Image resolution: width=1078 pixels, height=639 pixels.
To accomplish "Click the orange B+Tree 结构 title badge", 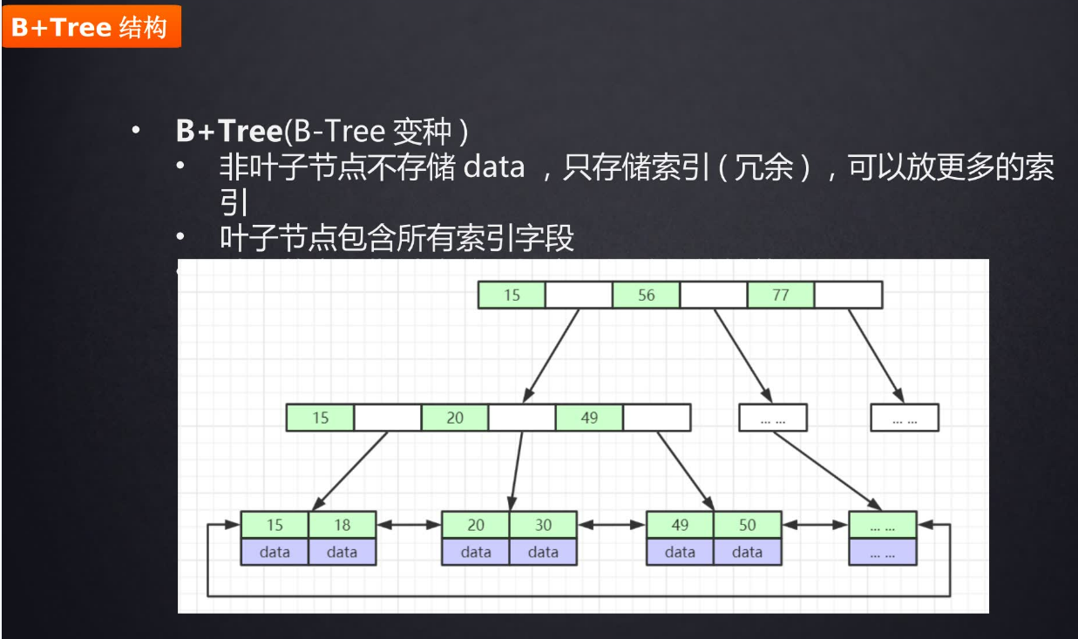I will [91, 27].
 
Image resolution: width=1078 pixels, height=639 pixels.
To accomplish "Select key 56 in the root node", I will [646, 296].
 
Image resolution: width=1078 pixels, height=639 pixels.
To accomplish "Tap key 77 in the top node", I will [780, 296].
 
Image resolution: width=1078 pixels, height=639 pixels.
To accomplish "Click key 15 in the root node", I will [512, 296].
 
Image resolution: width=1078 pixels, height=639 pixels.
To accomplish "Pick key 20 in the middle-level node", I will [455, 418].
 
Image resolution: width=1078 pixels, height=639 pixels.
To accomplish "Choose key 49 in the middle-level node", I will [589, 418].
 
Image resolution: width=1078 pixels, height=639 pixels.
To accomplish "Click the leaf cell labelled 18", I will [342, 526].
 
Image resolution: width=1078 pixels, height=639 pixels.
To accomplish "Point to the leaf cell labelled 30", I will [543, 526].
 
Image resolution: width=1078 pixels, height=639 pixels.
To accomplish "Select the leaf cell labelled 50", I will [747, 526].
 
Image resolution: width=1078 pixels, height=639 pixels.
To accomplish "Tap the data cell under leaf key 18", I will [342, 552].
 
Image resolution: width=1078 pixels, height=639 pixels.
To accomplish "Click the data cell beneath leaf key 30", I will [543, 552].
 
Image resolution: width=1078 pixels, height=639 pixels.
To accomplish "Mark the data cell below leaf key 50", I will [747, 552].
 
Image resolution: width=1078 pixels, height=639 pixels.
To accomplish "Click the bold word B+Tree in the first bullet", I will [228, 132].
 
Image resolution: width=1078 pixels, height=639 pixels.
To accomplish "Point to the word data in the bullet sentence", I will [493, 167].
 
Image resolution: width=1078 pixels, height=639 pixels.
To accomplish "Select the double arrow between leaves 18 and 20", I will [409, 526].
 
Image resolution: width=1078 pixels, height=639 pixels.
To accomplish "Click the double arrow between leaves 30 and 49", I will [611, 526].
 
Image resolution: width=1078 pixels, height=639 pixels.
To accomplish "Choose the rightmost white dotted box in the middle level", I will [905, 418].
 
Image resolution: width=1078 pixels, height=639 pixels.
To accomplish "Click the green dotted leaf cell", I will [883, 526].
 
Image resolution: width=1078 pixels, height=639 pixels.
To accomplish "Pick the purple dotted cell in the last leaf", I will [883, 552].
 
